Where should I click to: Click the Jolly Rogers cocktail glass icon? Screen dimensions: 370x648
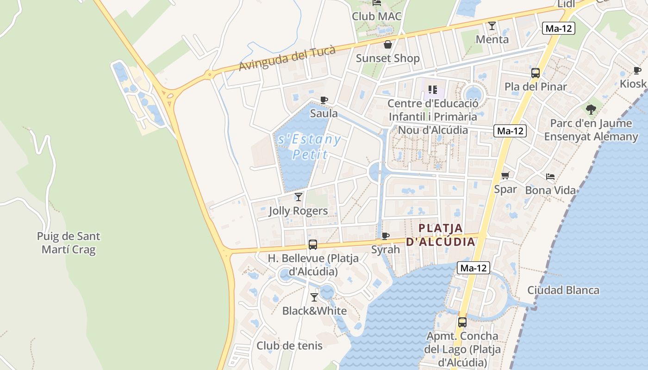[299, 197]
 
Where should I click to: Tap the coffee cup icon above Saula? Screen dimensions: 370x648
[324, 100]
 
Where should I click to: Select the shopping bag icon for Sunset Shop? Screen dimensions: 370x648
[388, 44]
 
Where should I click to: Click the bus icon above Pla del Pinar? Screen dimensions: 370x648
[536, 73]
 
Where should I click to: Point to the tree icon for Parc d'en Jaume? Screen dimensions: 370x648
[591, 110]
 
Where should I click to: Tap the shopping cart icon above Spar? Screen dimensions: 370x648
[505, 176]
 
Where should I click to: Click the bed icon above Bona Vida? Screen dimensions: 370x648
[550, 177]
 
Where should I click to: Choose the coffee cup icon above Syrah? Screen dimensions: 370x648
[385, 236]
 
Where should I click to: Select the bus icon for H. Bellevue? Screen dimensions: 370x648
[313, 245]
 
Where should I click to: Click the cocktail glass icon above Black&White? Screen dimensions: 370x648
[314, 297]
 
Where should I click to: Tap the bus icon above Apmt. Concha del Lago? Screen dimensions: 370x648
[462, 322]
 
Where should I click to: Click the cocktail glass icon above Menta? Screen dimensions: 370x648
[492, 26]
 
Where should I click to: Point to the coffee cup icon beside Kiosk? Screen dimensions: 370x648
[637, 71]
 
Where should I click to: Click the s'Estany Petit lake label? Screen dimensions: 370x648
[310, 146]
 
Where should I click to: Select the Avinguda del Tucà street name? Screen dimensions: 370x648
[287, 59]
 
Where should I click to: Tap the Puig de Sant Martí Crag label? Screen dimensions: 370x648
[69, 243]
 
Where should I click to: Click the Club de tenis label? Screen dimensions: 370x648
[289, 345]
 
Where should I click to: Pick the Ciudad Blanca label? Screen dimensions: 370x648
[563, 290]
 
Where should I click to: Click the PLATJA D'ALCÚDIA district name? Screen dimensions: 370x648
[441, 235]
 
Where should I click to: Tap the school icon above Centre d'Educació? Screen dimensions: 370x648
[433, 89]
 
